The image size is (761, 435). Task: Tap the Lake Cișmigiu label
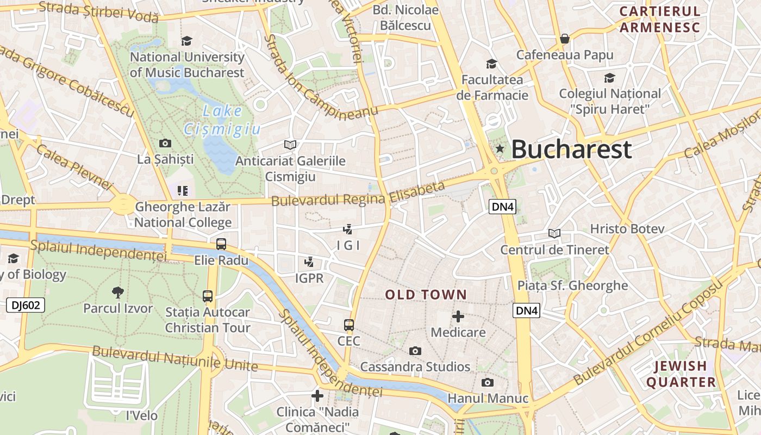point(222,120)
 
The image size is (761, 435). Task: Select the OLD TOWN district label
point(426,295)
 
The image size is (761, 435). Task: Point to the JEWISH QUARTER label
point(681,374)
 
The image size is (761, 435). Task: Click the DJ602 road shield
point(26,305)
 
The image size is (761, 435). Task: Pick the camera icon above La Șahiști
point(165,143)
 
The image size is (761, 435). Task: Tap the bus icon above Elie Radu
point(221,244)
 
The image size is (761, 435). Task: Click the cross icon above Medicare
point(458,316)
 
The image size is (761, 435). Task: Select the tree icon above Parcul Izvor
point(117,293)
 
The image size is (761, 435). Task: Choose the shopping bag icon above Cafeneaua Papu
point(565,39)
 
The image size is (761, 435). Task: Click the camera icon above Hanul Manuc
point(488,382)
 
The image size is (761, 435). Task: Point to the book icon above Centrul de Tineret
point(554,233)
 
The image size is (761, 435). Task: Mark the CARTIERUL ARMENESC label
point(660,19)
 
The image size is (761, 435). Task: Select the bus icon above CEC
point(349,325)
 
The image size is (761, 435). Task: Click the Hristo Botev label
point(627,228)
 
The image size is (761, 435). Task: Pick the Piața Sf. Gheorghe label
point(572,285)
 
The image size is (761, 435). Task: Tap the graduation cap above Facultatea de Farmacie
point(491,64)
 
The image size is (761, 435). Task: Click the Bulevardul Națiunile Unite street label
point(174,358)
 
